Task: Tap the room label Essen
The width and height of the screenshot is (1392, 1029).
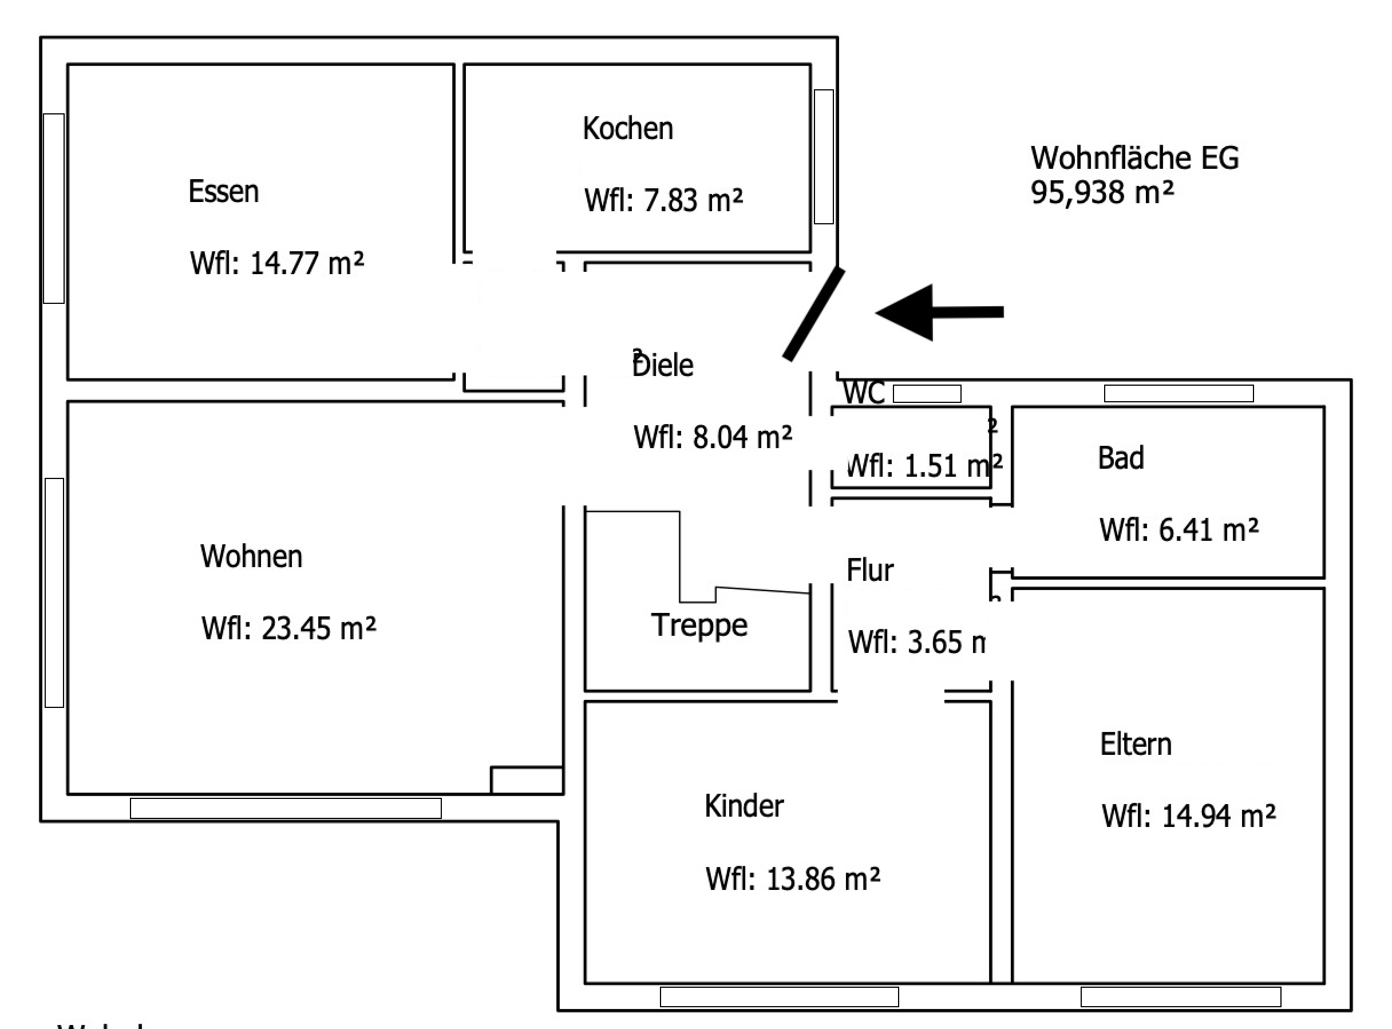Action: click(224, 192)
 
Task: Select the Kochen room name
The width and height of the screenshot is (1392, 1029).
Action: click(628, 128)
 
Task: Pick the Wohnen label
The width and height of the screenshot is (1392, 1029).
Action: click(251, 556)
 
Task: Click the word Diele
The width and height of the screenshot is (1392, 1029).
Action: click(663, 366)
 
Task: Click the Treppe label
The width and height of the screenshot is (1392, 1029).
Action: click(699, 625)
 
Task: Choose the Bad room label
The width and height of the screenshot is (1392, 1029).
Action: click(1121, 458)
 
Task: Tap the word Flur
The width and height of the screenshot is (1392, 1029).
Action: click(869, 570)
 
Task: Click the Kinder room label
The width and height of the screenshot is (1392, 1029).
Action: click(744, 806)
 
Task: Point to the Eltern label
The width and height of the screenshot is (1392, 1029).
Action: click(1136, 745)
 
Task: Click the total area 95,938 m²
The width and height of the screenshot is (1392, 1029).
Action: click(1102, 192)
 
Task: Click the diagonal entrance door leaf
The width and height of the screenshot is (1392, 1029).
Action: click(813, 315)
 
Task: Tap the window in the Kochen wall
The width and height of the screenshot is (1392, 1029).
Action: click(824, 156)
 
